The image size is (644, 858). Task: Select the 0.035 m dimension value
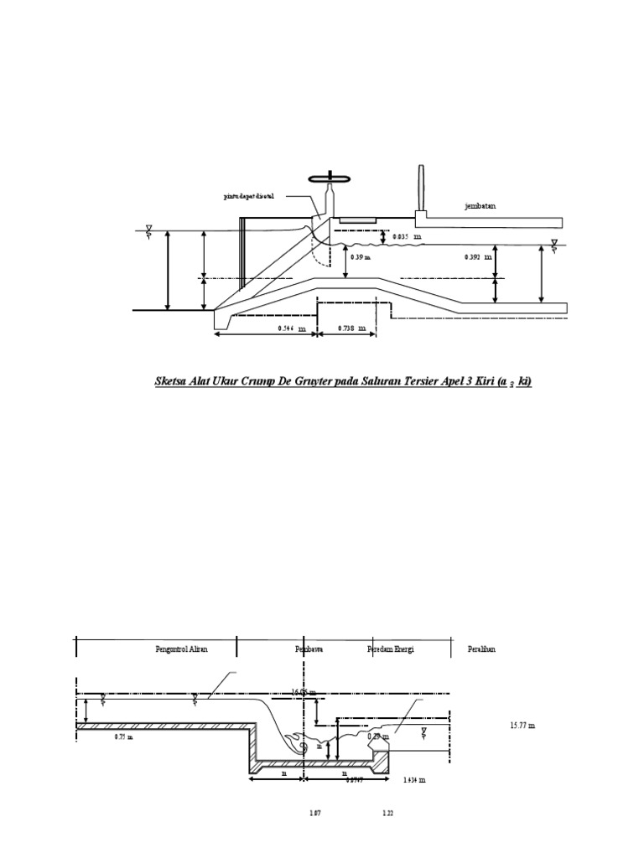(x=408, y=236)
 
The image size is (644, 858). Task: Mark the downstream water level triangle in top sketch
(x=554, y=246)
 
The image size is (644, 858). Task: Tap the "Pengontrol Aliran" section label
(x=182, y=649)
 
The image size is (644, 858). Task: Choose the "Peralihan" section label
(x=482, y=649)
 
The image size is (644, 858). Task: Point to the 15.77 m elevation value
(x=522, y=725)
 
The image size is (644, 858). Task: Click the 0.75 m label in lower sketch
(x=124, y=737)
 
